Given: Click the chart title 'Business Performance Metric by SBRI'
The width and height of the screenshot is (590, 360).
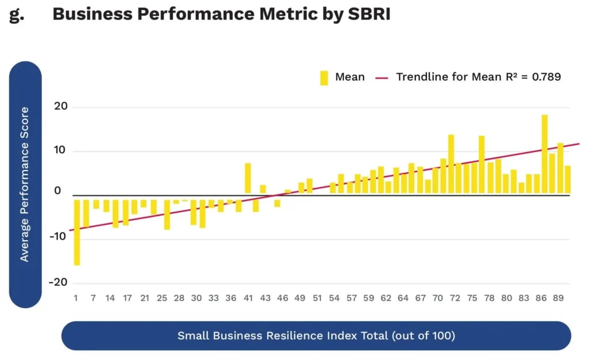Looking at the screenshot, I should (221, 14).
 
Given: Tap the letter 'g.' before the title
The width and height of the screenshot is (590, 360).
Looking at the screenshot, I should (17, 15).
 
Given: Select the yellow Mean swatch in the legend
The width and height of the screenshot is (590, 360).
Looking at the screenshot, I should (324, 77).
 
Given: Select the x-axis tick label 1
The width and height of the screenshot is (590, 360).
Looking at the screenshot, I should (75, 298).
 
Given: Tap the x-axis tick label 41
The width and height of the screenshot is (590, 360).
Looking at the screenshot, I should (248, 298).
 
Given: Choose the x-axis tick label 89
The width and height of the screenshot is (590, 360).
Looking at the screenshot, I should (558, 298).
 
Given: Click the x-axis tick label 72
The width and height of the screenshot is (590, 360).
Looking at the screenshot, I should (455, 298).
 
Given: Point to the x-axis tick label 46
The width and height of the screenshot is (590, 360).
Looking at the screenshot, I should (282, 298).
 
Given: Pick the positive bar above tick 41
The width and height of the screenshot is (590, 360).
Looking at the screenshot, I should (248, 178).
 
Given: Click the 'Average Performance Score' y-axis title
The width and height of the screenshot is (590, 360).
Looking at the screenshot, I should (25, 184).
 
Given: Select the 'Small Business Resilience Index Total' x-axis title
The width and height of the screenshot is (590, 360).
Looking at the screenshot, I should (316, 335).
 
